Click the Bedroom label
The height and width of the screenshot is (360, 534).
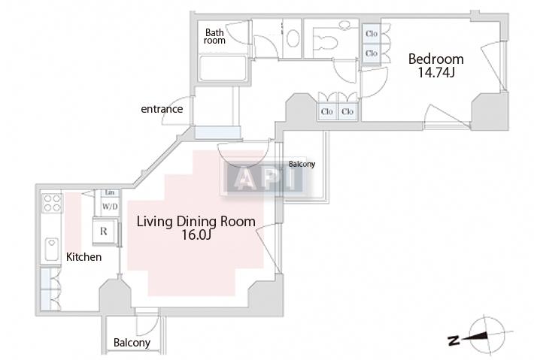[x=436, y=59]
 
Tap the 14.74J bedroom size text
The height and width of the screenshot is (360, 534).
[x=436, y=72]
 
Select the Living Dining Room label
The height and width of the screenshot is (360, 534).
[x=196, y=222]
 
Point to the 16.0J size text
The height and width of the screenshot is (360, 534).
[x=196, y=235]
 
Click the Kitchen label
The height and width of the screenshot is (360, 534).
[x=83, y=257]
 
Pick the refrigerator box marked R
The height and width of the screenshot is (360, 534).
[x=105, y=231]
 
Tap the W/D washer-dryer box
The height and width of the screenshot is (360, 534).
[x=110, y=207]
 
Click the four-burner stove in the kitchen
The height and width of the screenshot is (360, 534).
[x=52, y=203]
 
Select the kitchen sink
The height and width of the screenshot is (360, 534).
[x=52, y=249]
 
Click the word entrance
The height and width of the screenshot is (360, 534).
[x=162, y=109]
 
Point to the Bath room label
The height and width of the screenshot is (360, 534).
[x=214, y=36]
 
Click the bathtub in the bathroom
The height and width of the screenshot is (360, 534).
[x=223, y=68]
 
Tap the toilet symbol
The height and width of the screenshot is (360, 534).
[x=325, y=41]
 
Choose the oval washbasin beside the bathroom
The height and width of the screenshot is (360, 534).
[x=293, y=38]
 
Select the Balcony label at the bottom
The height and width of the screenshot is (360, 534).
[x=132, y=343]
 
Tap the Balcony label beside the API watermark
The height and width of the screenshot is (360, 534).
[x=302, y=164]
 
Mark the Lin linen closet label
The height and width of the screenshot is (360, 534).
[x=110, y=193]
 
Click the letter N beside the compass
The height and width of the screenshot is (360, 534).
[x=454, y=340]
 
